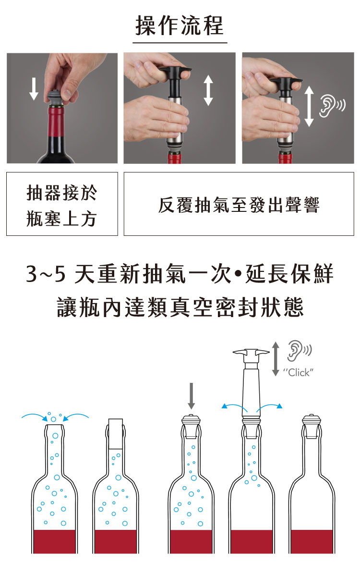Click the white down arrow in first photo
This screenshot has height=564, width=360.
tap(34, 88)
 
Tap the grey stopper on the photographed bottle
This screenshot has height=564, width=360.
tap(56, 98)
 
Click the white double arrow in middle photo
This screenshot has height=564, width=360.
tap(208, 90)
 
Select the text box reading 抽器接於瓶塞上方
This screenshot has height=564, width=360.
tap(62, 204)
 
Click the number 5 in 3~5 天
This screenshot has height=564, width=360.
tap(60, 274)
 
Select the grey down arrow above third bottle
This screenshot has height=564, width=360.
tap(192, 396)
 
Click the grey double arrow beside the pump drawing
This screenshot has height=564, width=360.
tap(276, 359)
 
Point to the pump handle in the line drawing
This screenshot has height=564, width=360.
tap(251, 353)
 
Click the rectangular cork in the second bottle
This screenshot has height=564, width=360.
tap(116, 434)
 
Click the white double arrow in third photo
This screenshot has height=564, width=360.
tap(309, 106)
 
